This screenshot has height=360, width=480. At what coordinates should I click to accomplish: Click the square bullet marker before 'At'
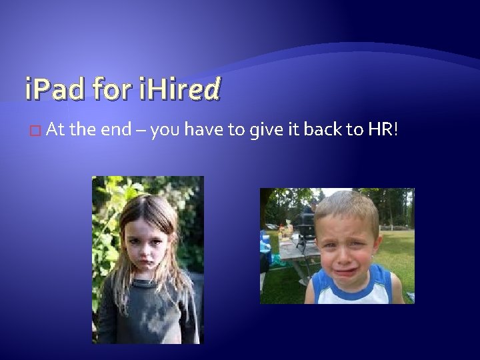[35, 131]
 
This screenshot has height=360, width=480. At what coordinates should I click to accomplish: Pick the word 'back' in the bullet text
[325, 131]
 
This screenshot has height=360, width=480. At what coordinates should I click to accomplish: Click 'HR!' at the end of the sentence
[383, 131]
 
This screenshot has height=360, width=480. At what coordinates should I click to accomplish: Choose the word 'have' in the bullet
[205, 131]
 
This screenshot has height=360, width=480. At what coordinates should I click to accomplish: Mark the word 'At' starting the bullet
[56, 131]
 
